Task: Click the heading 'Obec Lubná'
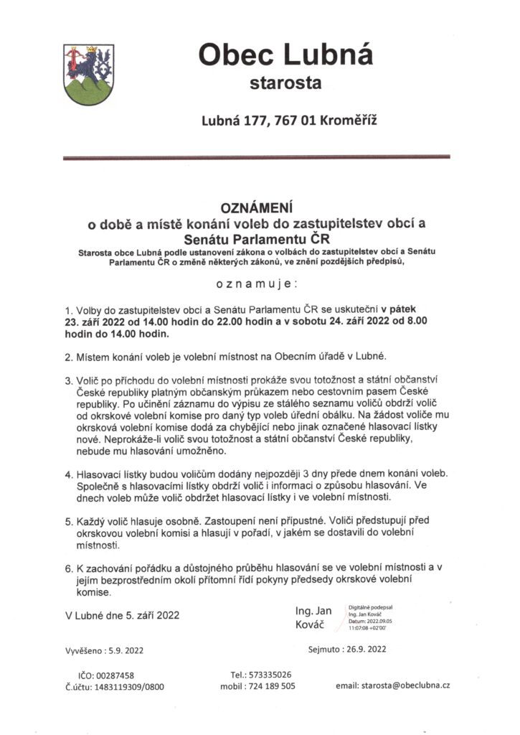[x=285, y=55]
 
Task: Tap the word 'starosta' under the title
[x=285, y=83]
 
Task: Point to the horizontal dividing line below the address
[x=256, y=156]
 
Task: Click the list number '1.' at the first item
[x=69, y=309]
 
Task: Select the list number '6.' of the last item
[x=69, y=568]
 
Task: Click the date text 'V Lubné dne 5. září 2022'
[x=122, y=614]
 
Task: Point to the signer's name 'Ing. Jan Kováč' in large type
[x=313, y=618]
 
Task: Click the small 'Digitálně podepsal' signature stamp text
[x=370, y=607]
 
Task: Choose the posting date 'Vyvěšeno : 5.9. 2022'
[x=105, y=651]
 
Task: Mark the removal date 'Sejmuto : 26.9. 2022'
[x=346, y=649]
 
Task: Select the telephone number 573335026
[x=270, y=675]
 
